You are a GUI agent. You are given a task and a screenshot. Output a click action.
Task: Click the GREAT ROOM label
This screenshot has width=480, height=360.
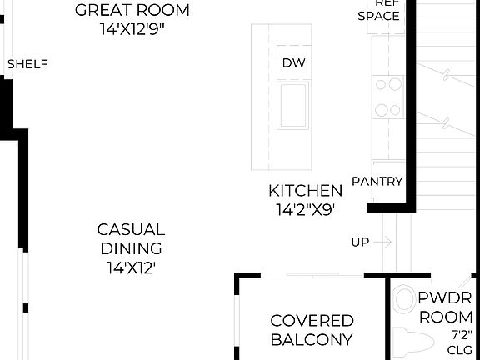132,11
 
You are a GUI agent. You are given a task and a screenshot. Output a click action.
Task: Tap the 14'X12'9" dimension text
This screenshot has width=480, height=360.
132,27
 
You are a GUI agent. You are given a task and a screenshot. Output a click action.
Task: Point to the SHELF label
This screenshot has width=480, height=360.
27,64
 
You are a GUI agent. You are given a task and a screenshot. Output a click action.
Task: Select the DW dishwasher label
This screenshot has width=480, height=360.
292,63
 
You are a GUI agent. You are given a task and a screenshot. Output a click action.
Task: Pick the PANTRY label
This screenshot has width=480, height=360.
377,182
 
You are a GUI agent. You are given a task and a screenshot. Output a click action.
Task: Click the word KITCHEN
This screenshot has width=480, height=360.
305,191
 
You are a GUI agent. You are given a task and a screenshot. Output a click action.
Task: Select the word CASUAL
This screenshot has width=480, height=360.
131,229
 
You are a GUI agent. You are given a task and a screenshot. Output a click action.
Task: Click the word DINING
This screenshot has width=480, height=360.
131,248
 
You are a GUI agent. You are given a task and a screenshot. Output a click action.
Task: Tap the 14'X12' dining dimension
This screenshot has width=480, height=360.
131,267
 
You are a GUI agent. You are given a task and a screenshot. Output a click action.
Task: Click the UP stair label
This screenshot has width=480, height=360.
360,242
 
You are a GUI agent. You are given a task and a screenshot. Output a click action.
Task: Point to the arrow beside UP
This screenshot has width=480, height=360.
382,242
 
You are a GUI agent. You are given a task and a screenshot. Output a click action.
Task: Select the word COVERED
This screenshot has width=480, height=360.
312,321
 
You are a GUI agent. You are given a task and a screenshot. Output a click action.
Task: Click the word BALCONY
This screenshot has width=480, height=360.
312,340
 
